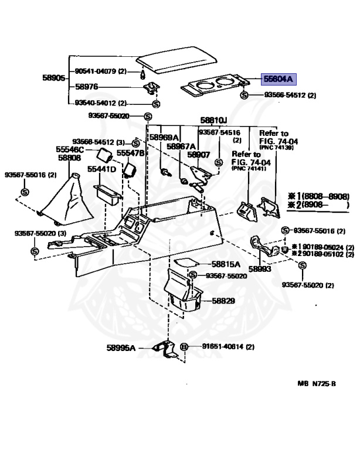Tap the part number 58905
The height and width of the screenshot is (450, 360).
pos(53,77)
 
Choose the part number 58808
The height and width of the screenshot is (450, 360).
pos(68,158)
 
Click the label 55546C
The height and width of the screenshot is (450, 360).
pos(70,149)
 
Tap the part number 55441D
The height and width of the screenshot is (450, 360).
pos(101,169)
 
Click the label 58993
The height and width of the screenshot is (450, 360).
pos(260,268)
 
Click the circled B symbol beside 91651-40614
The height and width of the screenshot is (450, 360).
pos(183,347)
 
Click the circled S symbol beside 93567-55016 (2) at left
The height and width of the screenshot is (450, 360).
pos(25,193)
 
